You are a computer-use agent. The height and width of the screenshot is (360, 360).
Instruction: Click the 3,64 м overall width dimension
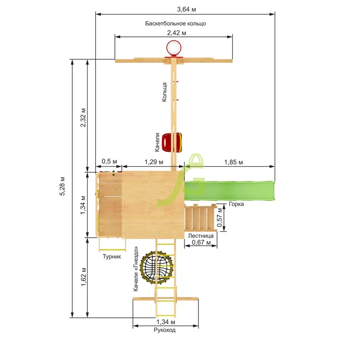[x=187, y=9]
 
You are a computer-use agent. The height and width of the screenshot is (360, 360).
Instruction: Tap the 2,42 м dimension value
[x=176, y=33]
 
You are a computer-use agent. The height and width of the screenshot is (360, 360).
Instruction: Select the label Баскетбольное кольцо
[x=176, y=23]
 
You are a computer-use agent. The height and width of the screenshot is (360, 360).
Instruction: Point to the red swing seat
[x=172, y=142]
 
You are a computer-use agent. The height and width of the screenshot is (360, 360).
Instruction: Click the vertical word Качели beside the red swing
[x=157, y=142]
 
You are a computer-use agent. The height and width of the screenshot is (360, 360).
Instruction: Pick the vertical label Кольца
[x=164, y=92]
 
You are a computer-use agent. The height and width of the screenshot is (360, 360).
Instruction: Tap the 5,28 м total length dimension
[x=62, y=186]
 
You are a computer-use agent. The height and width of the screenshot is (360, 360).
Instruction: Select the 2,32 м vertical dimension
[x=83, y=118]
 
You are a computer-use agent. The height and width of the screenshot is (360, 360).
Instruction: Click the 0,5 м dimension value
[x=109, y=161]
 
